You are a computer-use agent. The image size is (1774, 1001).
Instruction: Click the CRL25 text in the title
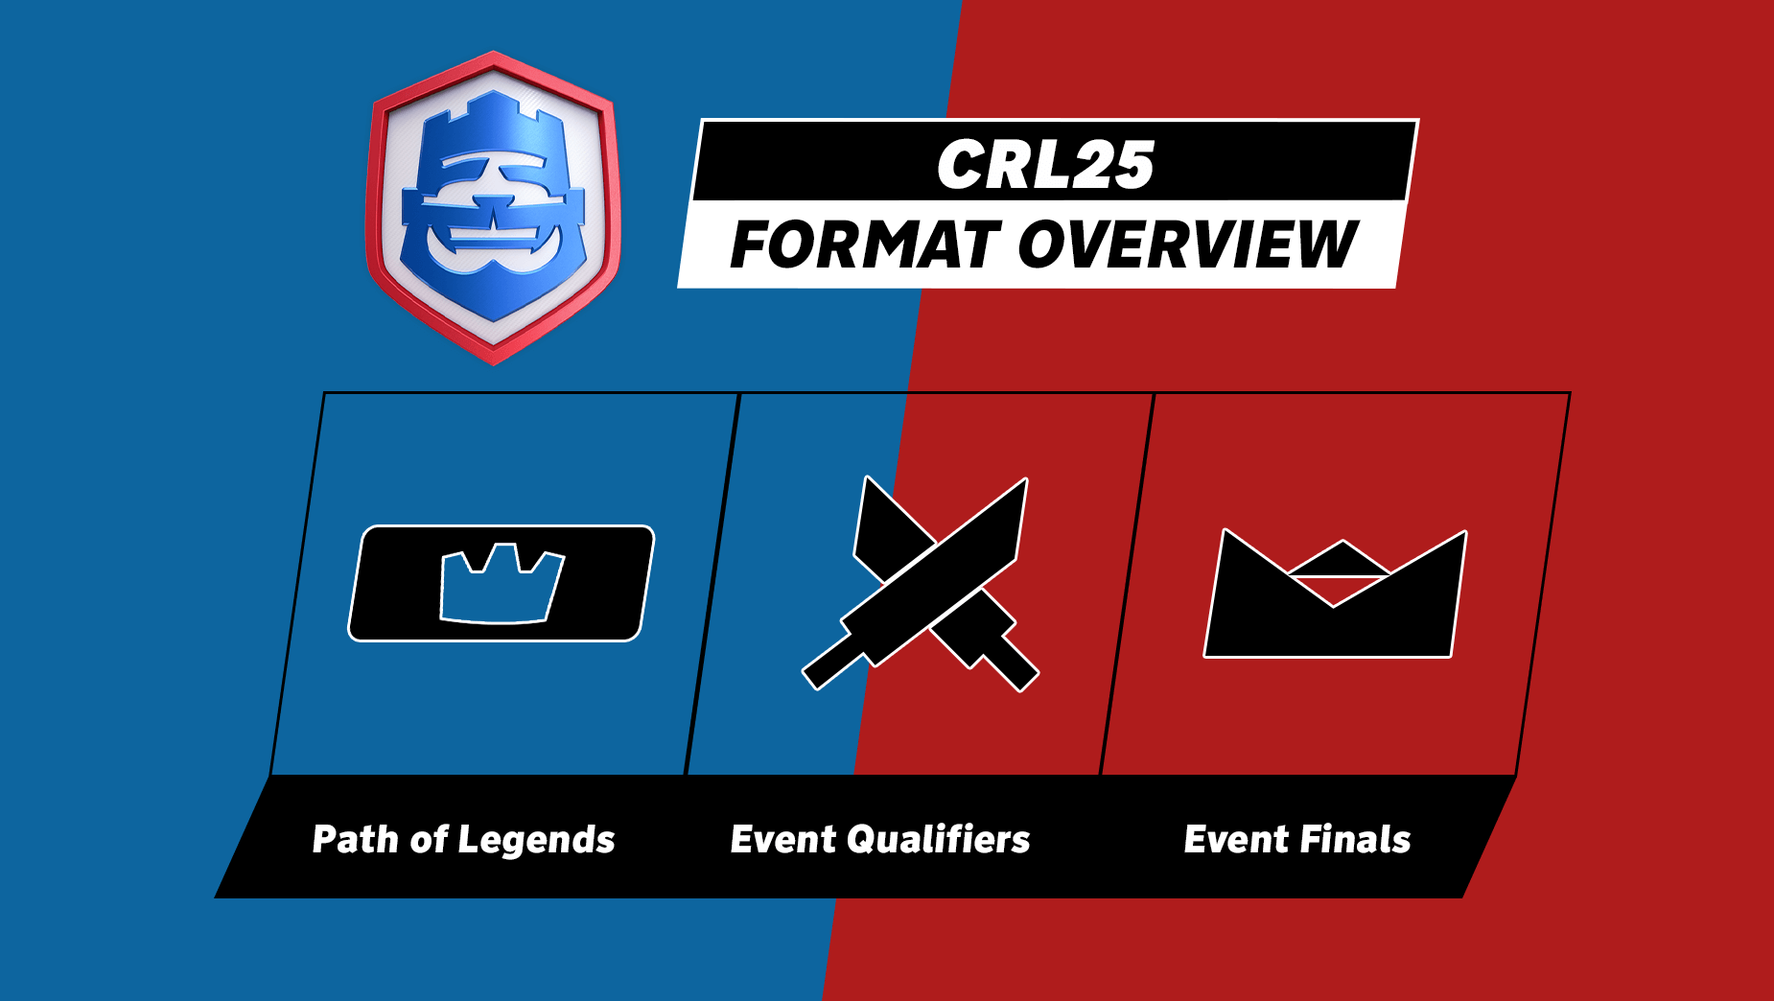click(1045, 165)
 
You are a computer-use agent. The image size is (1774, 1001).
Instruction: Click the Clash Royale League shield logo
click(493, 208)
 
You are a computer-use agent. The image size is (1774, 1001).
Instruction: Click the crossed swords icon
click(921, 583)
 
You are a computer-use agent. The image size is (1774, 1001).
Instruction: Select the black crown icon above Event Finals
click(1335, 594)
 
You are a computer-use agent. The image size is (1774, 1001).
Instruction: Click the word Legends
click(536, 841)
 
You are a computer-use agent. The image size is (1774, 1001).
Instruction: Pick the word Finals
click(1355, 839)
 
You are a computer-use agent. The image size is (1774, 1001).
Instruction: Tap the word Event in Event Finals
click(1236, 839)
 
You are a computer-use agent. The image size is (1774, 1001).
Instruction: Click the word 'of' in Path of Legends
click(429, 840)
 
